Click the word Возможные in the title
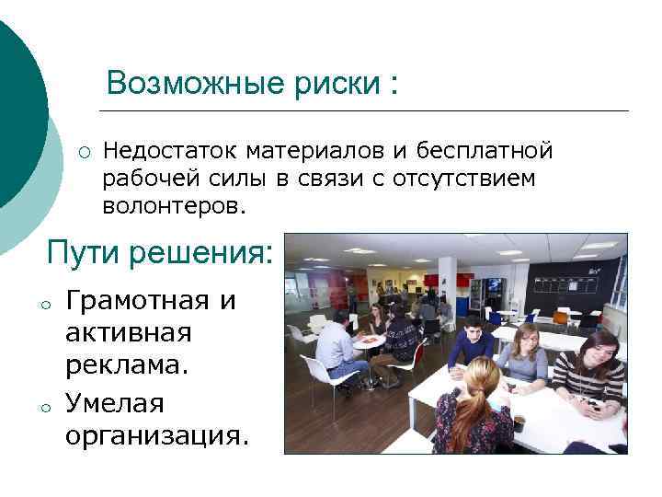182,83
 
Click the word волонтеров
175,206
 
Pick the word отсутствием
463,178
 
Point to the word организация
156,434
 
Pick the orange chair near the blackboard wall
560,318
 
